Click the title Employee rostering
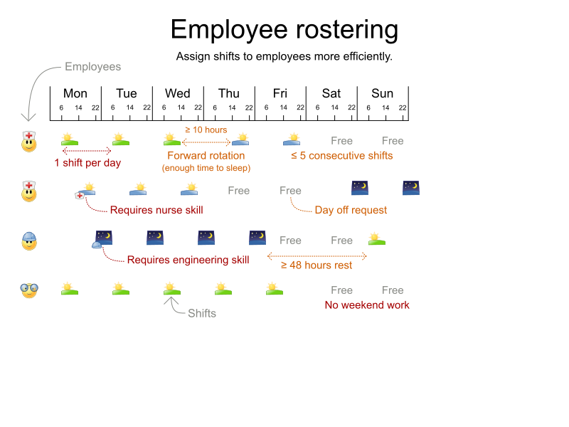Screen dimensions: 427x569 coord(284,30)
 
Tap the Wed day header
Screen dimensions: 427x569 coord(177,93)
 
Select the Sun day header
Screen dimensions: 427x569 coord(382,93)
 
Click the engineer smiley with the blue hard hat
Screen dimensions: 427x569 coord(29,241)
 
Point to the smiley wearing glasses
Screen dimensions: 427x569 coord(29,290)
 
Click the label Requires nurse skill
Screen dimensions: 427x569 coord(156,210)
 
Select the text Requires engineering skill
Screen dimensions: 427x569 coord(188,260)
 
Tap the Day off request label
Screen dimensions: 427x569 coord(351,210)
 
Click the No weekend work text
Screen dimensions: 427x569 coord(367,305)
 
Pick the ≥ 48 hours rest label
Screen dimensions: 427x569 coord(316,265)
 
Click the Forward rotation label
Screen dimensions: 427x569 coord(206,156)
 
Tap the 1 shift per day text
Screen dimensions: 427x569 coord(87,162)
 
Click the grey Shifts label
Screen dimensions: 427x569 coord(202,313)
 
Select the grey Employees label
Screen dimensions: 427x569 coord(92,67)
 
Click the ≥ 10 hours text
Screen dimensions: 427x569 coord(206,130)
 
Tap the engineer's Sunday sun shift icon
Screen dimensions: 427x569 coord(376,239)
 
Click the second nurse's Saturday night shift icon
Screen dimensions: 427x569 coord(360,188)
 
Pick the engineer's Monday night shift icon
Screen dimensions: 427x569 coord(104,237)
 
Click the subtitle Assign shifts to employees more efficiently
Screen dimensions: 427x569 coord(284,56)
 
